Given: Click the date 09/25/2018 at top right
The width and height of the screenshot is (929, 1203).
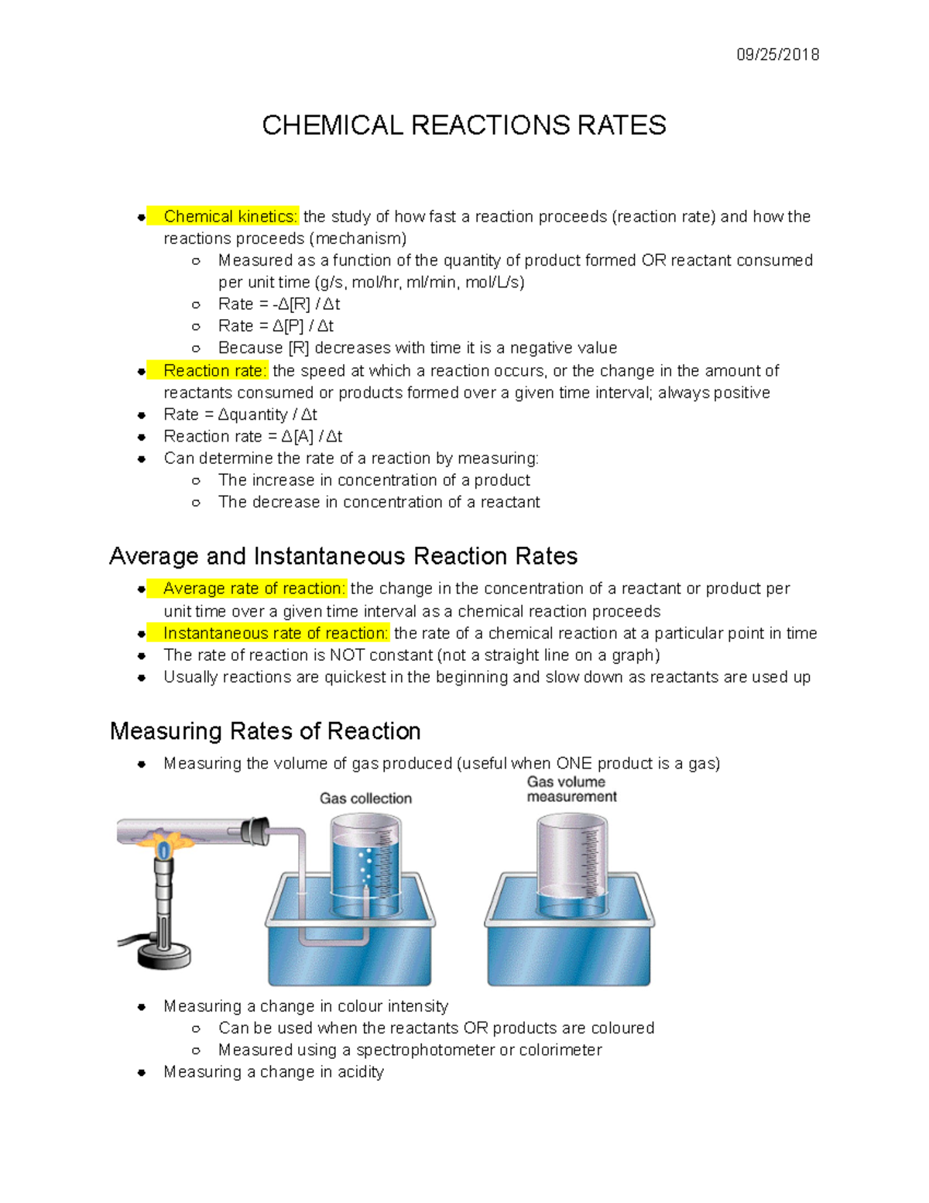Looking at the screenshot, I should (x=777, y=54).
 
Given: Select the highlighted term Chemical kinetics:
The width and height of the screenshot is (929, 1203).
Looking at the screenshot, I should (x=230, y=217).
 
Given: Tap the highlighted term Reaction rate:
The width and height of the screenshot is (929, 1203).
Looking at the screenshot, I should (x=214, y=371).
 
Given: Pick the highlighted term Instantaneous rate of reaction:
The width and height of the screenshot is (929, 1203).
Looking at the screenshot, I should (x=275, y=634).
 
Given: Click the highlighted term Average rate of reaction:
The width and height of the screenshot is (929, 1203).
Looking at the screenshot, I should (x=253, y=589).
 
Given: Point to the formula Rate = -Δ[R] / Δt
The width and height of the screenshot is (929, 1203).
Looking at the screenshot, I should (x=279, y=304).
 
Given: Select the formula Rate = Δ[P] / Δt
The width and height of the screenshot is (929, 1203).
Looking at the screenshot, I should (x=276, y=326).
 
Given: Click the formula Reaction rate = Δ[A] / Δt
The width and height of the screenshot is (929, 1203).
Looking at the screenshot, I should (x=252, y=437).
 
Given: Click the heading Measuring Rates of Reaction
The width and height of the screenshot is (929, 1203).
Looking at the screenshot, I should (x=265, y=731).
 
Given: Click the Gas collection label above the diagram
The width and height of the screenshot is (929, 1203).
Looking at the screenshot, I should (x=365, y=799).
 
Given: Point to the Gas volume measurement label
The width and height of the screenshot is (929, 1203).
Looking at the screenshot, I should (x=571, y=789).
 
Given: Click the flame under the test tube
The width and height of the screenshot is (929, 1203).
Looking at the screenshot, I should (x=164, y=841).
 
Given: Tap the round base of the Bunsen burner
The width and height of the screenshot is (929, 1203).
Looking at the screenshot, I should (x=163, y=956).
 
